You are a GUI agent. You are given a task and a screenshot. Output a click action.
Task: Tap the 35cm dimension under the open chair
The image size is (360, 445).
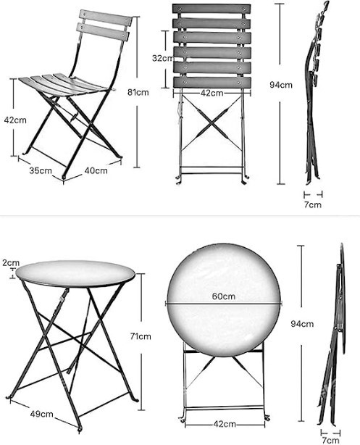point(41,171)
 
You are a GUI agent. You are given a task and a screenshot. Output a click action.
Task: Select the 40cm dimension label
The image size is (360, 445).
point(96,171)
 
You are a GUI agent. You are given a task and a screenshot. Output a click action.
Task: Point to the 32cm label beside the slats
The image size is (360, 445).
point(162,58)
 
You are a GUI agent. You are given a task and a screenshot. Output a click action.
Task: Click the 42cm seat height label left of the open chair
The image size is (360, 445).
point(11,119)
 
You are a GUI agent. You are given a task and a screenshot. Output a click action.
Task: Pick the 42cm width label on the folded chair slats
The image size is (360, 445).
point(212,93)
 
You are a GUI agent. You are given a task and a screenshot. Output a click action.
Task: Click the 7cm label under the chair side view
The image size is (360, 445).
point(312,205)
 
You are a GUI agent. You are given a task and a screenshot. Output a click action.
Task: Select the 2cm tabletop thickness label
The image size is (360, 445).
point(10,262)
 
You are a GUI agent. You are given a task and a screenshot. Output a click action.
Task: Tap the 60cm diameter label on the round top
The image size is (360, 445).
point(223,296)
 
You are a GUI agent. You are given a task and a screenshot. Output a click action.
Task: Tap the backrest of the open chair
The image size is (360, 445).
point(104,26)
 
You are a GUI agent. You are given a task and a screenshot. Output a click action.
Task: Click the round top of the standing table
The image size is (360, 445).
point(75,273)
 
